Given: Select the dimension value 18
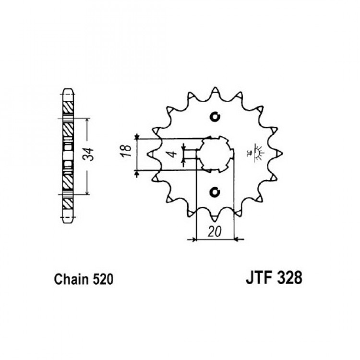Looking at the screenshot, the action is tap(127, 151).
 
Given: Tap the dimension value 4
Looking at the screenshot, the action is tap(173, 154).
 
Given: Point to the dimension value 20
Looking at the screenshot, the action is tap(215, 231).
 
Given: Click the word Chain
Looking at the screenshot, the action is tap(71, 279).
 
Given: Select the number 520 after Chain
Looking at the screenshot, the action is tap(103, 279).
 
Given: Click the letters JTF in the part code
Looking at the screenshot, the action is tap(259, 278).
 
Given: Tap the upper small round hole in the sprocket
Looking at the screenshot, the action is tap(215, 117).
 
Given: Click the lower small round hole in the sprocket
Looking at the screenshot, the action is tap(215, 192).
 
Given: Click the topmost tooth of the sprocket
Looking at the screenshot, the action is tap(215, 91).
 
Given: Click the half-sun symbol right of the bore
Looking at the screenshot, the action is tap(258, 153).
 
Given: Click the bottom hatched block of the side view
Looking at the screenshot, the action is tap(68, 204).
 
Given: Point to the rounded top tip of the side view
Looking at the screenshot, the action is tap(68, 90).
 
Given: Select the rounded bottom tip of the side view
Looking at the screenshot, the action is tap(68, 221).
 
